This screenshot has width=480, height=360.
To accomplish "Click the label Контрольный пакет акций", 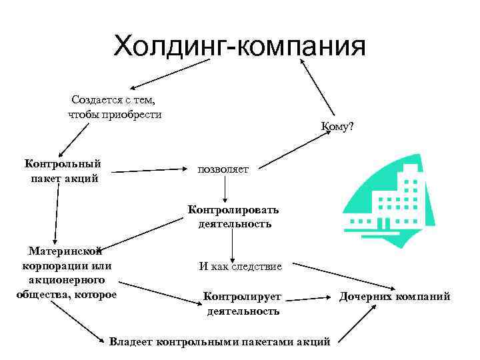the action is pos(63,170).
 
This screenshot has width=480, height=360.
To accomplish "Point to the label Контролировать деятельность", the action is pos(233,217).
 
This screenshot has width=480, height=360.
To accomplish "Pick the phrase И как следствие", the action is pos(240,267).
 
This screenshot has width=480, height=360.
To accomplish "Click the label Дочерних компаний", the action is pos(395,297).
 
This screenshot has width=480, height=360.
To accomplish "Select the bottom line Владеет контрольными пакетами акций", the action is pos(219,341).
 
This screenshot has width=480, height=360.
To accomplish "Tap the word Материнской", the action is pos(65,251).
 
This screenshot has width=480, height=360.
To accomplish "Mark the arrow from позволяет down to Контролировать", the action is pos(226,189).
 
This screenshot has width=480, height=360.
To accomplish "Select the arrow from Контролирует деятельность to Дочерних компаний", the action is pos(310,296).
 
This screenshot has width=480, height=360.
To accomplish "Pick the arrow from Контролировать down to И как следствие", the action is pos(232,245).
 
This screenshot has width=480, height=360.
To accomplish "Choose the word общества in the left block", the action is pos(43,295).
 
